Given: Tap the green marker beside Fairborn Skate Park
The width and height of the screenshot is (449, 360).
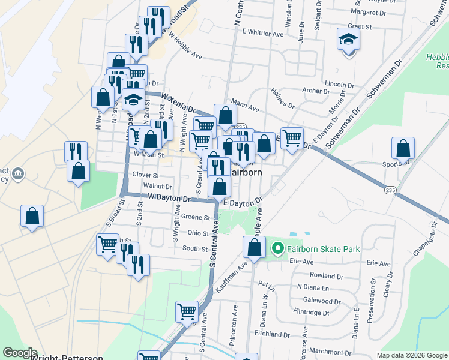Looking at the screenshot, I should (x=277, y=247).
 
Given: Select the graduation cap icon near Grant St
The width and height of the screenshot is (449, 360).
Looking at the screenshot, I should (x=348, y=41).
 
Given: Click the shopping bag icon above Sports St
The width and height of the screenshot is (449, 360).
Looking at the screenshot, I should (x=403, y=148).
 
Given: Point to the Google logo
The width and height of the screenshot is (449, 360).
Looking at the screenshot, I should (x=19, y=353).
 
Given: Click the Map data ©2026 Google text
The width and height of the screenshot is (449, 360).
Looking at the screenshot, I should (x=411, y=355).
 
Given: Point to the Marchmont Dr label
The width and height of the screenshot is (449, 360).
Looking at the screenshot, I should (x=330, y=352).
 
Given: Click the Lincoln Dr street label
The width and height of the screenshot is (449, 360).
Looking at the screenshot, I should (x=340, y=85).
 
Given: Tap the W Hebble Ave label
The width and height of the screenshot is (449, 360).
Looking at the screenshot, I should (x=185, y=45).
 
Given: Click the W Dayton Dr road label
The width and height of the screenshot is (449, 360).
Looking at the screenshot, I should (x=169, y=197).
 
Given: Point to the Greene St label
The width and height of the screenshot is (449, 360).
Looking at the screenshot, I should (x=197, y=218).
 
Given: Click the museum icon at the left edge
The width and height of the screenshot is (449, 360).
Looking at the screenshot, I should (x=18, y=174).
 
